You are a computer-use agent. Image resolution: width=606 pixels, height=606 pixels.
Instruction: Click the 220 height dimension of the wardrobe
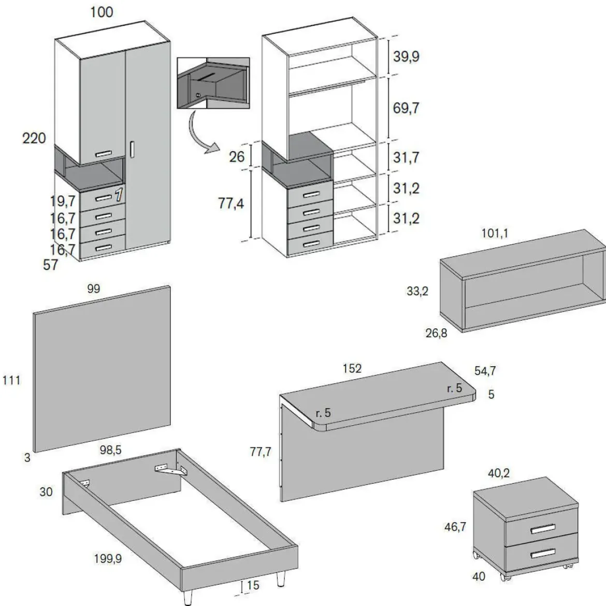pos(34,138)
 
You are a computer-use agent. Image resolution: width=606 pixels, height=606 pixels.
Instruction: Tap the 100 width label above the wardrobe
pos(102,12)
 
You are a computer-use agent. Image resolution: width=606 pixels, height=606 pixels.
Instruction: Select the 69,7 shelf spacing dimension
pos(406,108)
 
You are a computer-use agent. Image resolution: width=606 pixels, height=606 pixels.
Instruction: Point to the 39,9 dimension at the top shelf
pos(406,56)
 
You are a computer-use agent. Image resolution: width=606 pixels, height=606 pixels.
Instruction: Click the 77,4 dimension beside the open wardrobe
pos(231,203)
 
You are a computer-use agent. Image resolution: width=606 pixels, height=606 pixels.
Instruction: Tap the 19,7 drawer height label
pos(63,201)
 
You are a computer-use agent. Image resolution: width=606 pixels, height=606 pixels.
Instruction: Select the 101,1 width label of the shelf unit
pos(495,233)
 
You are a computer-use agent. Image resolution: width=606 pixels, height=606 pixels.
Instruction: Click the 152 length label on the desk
pos(352,368)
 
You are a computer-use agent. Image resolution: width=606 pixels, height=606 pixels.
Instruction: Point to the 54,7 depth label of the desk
pos(485,371)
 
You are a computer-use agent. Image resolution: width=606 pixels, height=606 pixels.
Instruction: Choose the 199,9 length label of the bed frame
pos(108,558)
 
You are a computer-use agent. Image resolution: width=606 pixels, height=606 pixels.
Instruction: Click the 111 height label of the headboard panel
pos(11,380)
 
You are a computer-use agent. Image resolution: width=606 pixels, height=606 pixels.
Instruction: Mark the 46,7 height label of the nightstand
pos(455,527)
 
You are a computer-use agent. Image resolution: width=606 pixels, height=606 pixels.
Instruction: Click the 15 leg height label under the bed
pos(253,585)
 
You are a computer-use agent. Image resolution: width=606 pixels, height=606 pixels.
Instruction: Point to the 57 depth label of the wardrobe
pos(50,265)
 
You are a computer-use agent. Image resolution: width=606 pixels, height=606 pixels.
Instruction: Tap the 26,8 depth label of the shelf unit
pos(436,333)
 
